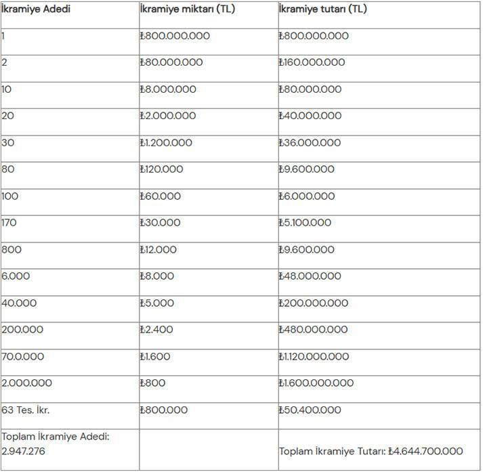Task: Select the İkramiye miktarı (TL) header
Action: (186, 9)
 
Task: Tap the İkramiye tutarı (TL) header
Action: (322, 9)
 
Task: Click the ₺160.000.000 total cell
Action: (312, 62)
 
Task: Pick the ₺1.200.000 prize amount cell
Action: (166, 143)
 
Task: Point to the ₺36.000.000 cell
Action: (310, 143)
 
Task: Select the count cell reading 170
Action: (9, 223)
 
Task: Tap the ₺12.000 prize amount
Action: (158, 250)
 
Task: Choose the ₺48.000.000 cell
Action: (310, 276)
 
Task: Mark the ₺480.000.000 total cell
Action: (313, 330)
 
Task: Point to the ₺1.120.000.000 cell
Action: (316, 357)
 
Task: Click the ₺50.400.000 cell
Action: (310, 410)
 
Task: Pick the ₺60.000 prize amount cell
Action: (161, 196)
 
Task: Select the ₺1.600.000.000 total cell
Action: (316, 383)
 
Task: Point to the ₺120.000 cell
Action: (161, 169)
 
